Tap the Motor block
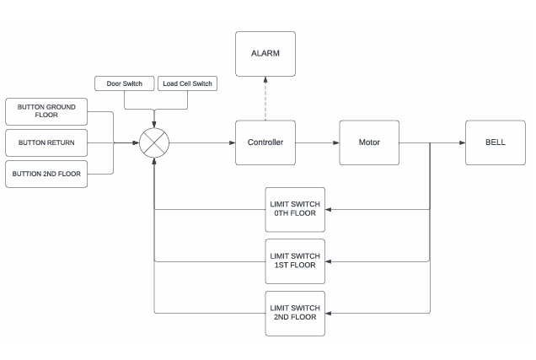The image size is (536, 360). click(368, 142)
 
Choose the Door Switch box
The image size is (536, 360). click(125, 83)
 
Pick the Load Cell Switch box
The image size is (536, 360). click(187, 83)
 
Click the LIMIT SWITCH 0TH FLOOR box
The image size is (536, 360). click(294, 209)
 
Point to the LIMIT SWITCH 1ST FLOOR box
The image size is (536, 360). click(294, 261)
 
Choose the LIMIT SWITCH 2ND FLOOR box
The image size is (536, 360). click(294, 313)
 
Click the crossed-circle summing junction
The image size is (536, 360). click(154, 142)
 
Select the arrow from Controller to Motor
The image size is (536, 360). click(316, 142)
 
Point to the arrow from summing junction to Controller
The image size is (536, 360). click(202, 142)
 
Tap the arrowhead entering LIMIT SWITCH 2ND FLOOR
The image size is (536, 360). click(329, 313)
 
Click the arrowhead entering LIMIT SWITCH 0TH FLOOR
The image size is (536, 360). click(329, 209)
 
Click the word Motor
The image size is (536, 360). click(368, 142)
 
